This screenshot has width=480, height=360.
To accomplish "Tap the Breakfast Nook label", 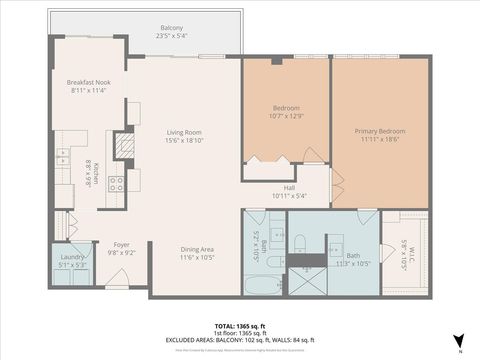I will pyautogui.click(x=87, y=81).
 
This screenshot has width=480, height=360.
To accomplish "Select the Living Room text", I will pyautogui.click(x=184, y=132).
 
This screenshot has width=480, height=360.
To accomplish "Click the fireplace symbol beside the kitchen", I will pyautogui.click(x=124, y=146).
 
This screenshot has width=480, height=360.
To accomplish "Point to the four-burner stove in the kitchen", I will pyautogui.click(x=116, y=183).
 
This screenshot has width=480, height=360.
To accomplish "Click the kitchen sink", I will pyautogui.click(x=63, y=155).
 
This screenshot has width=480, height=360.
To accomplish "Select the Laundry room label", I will pyautogui.click(x=72, y=257).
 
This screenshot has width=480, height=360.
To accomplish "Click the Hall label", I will pyautogui.click(x=289, y=187).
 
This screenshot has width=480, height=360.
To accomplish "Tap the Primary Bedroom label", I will pyautogui.click(x=381, y=131).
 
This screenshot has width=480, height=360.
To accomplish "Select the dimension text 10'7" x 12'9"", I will pyautogui.click(x=288, y=116).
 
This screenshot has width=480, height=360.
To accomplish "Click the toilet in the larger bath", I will pyautogui.click(x=299, y=238).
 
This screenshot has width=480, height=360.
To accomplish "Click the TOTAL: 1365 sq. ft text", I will pyautogui.click(x=239, y=326).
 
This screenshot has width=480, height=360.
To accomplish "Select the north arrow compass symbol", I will pyautogui.click(x=458, y=340).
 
